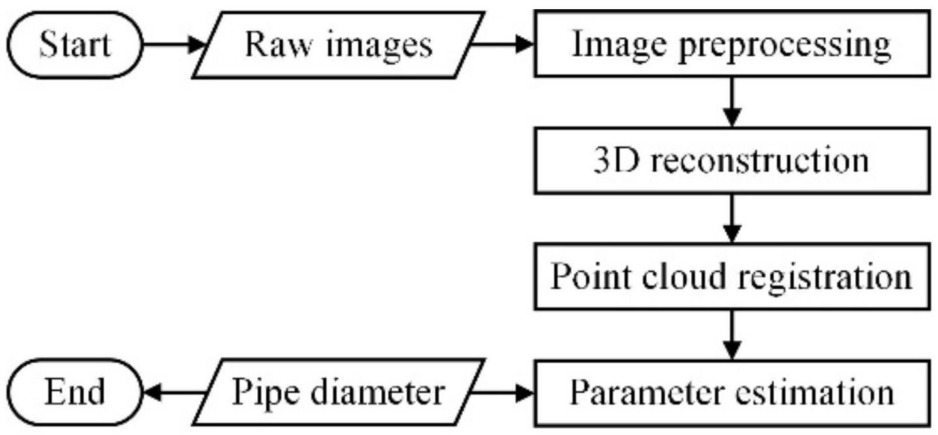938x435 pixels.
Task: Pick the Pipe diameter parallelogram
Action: tap(339, 392)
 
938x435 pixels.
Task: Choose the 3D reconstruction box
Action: tap(731, 160)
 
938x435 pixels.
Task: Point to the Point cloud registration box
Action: tap(731, 276)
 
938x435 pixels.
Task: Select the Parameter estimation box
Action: tap(731, 392)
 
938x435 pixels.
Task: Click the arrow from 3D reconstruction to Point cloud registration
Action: tap(732, 218)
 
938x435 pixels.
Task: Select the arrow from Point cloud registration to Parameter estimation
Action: tap(732, 334)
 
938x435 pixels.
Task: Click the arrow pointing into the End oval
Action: tap(173, 392)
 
